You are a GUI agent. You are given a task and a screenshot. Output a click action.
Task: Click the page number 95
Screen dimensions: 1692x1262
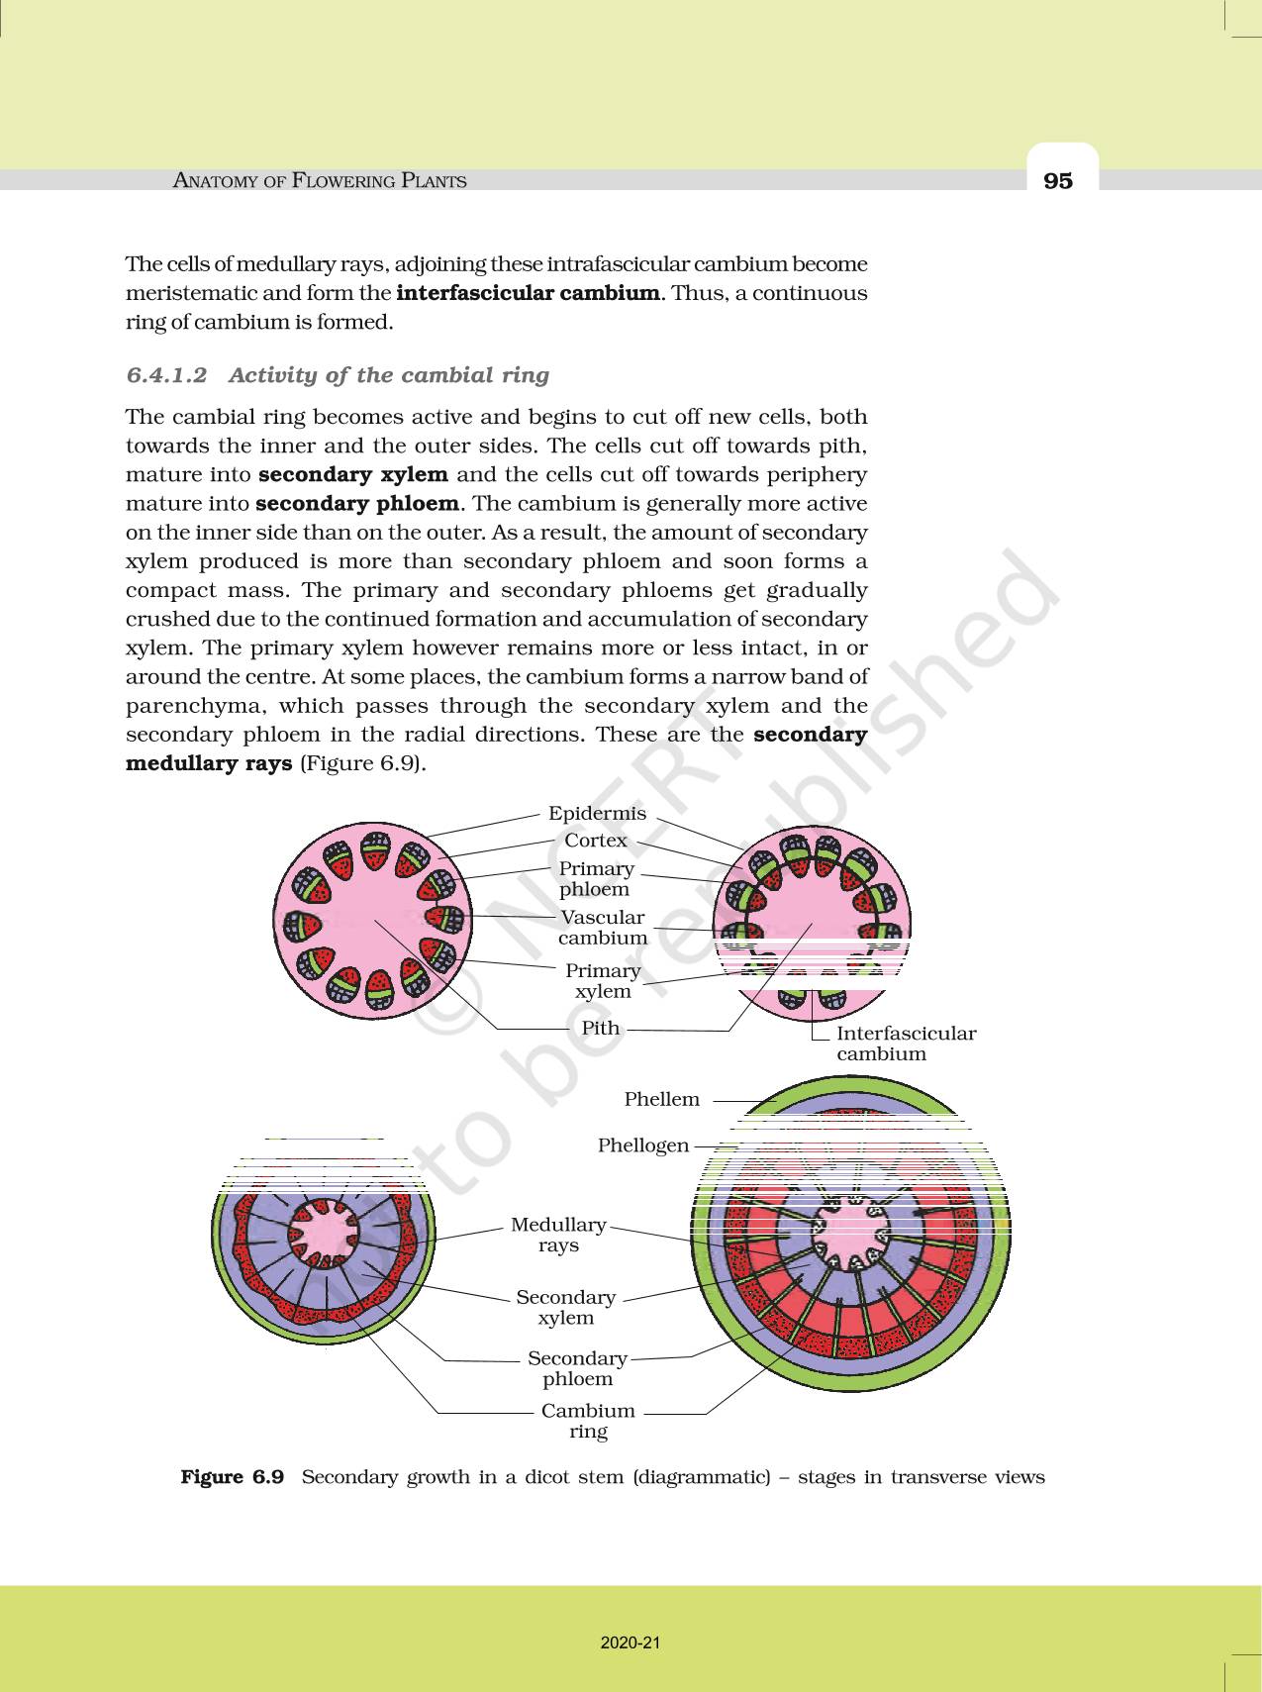pyautogui.click(x=1057, y=180)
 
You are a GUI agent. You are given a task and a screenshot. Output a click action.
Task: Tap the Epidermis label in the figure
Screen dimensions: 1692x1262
pyautogui.click(x=597, y=813)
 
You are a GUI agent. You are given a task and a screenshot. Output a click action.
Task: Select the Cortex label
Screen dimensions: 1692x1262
pyautogui.click(x=596, y=840)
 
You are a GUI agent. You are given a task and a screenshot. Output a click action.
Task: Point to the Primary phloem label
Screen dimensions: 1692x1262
pyautogui.click(x=596, y=878)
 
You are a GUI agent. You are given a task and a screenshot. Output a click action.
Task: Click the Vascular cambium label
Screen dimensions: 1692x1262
pyautogui.click(x=602, y=928)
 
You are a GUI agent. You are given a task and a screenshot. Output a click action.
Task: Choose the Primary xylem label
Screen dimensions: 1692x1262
pyautogui.click(x=602, y=980)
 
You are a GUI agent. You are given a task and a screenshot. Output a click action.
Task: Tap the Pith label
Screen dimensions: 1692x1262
pyautogui.click(x=601, y=1028)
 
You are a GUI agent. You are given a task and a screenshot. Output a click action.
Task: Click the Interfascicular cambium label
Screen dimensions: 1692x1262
pyautogui.click(x=906, y=1044)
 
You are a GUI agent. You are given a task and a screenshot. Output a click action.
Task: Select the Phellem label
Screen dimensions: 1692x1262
pyautogui.click(x=661, y=1099)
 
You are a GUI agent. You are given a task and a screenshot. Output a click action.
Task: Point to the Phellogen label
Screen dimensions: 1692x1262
pyautogui.click(x=643, y=1145)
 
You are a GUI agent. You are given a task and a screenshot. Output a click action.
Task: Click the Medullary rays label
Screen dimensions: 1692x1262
pyautogui.click(x=558, y=1235)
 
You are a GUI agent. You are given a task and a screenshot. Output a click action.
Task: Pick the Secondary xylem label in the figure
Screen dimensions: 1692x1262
pyautogui.click(x=565, y=1307)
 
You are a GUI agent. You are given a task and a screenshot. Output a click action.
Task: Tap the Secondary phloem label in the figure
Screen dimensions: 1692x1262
pyautogui.click(x=577, y=1368)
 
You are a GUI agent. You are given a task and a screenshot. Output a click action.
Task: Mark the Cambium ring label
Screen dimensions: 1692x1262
pyautogui.click(x=588, y=1421)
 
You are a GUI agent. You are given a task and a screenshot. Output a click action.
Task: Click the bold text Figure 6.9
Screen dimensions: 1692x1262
pyautogui.click(x=233, y=1477)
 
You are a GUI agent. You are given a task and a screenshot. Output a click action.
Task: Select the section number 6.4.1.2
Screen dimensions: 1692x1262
pyautogui.click(x=167, y=375)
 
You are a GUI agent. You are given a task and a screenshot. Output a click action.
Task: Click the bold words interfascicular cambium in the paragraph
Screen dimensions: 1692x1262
pyautogui.click(x=528, y=293)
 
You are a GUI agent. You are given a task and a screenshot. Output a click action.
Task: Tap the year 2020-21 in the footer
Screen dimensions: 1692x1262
pyautogui.click(x=630, y=1642)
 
